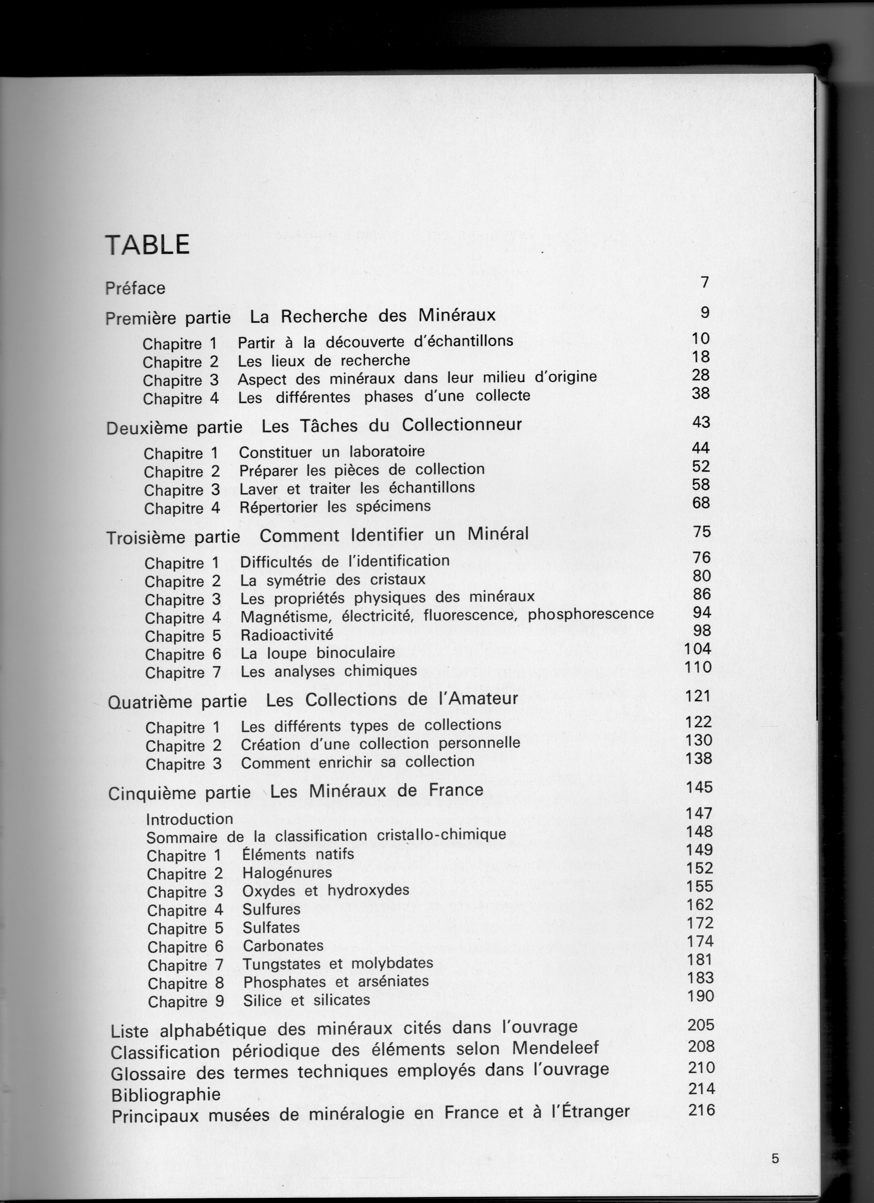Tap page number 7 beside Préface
[704, 282]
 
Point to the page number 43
[701, 422]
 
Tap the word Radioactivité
[287, 635]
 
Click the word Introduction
[189, 819]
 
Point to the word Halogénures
[287, 873]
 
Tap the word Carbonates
[283, 946]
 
